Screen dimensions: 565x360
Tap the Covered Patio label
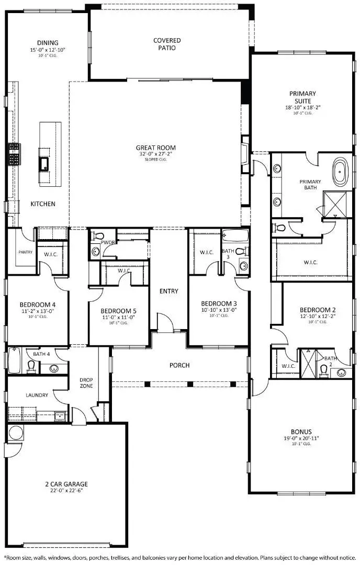167,44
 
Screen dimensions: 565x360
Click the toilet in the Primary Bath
280,228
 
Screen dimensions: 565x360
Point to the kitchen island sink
43,164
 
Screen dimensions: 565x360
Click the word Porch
179,365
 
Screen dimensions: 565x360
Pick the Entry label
169,291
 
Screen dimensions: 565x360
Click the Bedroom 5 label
119,310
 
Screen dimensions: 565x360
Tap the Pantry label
25,252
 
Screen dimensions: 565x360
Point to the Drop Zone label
86,383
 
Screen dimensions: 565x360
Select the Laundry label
37,395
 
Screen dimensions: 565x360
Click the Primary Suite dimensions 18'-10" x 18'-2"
303,107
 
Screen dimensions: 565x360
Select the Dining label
47,43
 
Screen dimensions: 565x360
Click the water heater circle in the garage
15,433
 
